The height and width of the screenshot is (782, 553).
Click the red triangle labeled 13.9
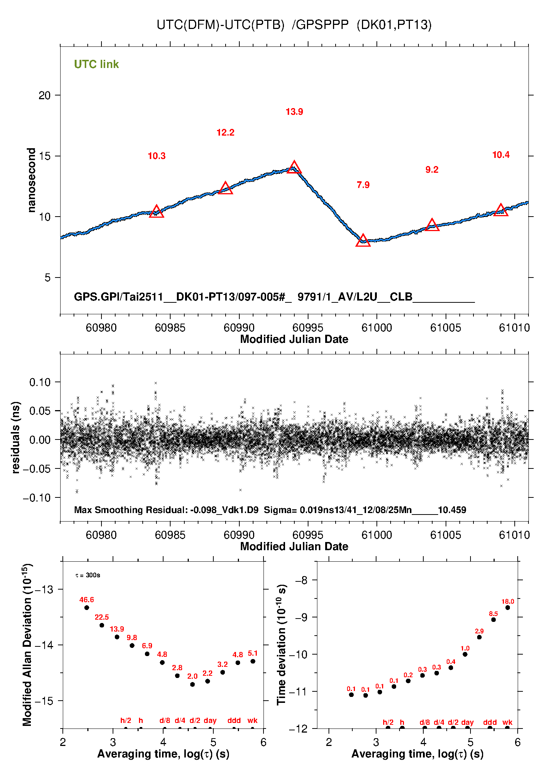pos(294,167)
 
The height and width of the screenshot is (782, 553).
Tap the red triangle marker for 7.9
pos(363,240)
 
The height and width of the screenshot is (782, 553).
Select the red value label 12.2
pos(225,133)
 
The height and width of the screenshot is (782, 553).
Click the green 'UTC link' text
pos(96,64)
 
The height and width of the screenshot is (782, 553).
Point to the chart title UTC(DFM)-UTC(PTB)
pos(220,25)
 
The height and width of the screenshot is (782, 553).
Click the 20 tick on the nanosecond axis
pos(45,95)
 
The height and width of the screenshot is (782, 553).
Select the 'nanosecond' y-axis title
pos(31,180)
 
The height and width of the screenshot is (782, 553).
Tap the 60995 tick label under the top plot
pos(308,328)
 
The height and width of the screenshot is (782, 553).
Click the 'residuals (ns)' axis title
pos(16,437)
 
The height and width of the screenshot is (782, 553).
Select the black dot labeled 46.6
pos(87,608)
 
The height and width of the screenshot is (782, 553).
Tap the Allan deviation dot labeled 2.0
pos(193,684)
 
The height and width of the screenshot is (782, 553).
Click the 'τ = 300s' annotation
pos(88,575)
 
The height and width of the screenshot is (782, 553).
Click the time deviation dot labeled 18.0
pos(508,608)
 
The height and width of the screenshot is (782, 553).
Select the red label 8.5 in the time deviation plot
pos(493,614)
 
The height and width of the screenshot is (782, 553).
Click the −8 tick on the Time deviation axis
pos(301,580)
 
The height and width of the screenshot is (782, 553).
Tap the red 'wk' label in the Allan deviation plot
pos(252,720)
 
